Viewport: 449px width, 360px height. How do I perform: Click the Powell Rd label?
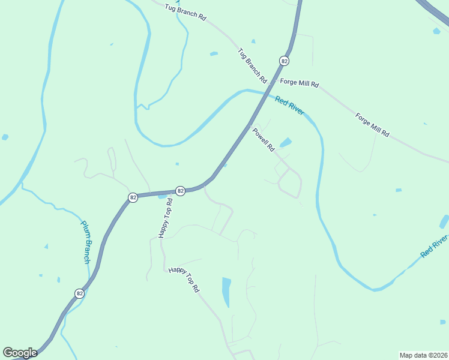263,139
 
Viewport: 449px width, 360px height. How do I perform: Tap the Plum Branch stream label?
85,242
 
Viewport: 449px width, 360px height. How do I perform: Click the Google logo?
20,353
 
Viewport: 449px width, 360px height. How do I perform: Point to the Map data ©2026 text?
423,355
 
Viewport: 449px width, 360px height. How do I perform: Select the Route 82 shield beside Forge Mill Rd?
284,61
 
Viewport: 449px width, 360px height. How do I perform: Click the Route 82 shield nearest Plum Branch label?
79,293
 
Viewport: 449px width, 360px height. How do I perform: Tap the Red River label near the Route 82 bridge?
290,106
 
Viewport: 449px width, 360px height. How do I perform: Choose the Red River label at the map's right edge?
434,247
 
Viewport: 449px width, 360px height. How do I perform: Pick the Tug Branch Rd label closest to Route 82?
252,65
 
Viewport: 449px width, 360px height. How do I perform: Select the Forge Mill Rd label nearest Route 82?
299,84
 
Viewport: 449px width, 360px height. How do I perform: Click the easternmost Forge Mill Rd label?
372,125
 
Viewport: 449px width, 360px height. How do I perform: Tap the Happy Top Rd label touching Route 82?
166,217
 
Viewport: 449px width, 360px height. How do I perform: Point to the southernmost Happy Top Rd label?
184,280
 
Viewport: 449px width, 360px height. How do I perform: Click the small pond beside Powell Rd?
286,143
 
